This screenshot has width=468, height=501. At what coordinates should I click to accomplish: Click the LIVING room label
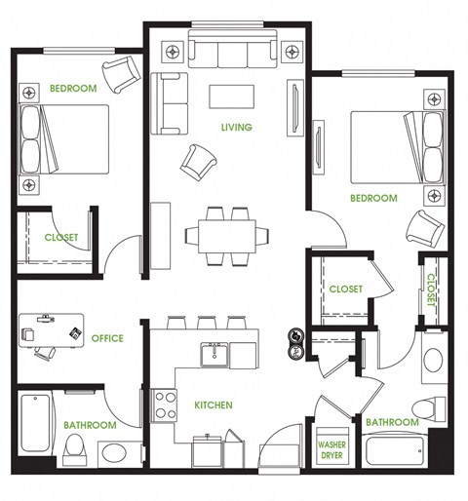pyautogui.click(x=236, y=127)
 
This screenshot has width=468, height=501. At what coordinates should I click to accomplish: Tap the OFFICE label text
pyautogui.click(x=107, y=338)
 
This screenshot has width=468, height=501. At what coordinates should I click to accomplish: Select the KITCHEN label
pyautogui.click(x=213, y=405)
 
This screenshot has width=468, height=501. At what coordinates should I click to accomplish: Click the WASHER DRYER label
pyautogui.click(x=332, y=449)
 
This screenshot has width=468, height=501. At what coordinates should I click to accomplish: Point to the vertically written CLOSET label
pyautogui.click(x=430, y=289)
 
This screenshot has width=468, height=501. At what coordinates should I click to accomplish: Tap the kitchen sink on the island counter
pyautogui.click(x=215, y=355)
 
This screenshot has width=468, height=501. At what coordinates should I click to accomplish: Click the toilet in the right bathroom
pyautogui.click(x=423, y=406)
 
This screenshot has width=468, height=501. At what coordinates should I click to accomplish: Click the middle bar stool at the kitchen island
pyautogui.click(x=207, y=323)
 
